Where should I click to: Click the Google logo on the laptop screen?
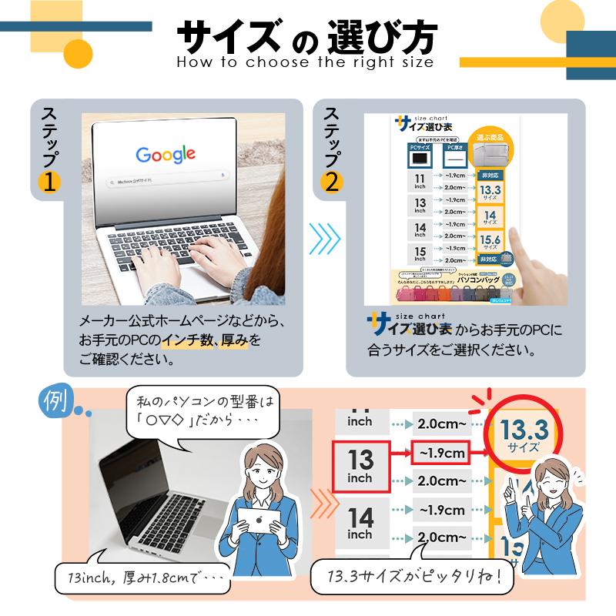click(165, 154)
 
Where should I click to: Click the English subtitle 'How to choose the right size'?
click(305, 62)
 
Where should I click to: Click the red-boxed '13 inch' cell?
click(360, 467)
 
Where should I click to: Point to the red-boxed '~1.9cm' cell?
click(442, 454)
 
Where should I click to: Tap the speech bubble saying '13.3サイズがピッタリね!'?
click(412, 577)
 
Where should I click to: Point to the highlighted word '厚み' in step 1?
click(233, 340)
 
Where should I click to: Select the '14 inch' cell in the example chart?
click(360, 523)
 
